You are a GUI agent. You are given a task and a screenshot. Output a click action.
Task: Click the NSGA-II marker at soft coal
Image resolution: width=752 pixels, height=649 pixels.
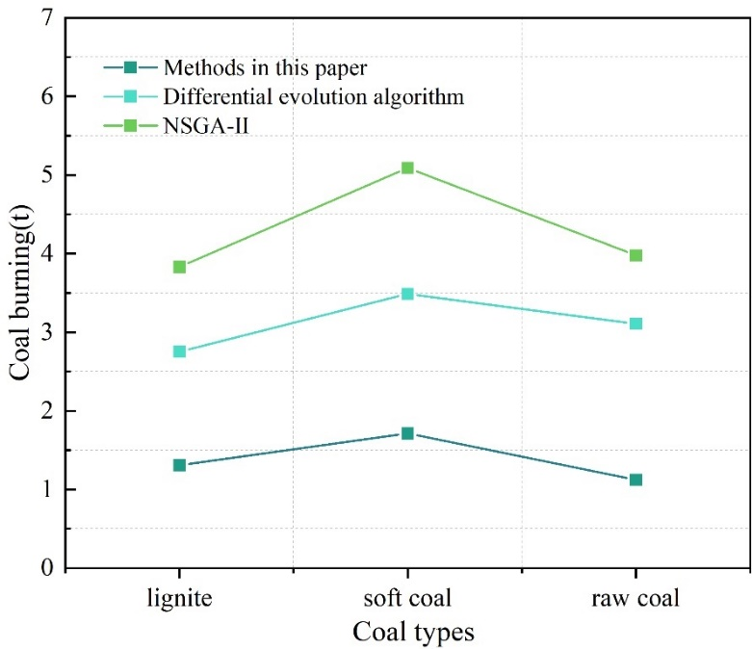(x=407, y=169)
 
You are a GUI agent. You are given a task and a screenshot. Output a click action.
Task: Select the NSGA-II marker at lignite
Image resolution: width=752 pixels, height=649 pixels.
(x=179, y=267)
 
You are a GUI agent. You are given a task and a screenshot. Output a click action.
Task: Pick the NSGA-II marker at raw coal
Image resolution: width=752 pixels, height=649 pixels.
(x=635, y=255)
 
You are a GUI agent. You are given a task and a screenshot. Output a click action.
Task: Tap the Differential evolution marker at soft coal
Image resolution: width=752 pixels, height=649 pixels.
(x=407, y=294)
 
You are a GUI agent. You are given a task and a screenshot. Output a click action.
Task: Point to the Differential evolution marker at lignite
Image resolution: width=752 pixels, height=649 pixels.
(x=179, y=351)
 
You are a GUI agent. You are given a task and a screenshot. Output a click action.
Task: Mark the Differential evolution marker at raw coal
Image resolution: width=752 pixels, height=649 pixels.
(x=635, y=324)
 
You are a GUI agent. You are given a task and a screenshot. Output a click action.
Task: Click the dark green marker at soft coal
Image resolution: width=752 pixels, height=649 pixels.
(x=407, y=433)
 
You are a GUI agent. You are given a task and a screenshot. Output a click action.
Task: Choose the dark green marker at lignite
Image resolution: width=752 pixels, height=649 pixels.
(x=179, y=465)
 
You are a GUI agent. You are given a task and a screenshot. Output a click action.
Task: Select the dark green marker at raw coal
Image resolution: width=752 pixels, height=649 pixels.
(x=635, y=480)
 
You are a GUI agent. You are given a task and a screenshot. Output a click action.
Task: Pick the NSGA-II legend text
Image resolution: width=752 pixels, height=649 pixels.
(x=207, y=125)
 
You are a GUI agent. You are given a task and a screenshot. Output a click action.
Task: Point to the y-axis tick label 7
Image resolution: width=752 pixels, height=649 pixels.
(x=45, y=18)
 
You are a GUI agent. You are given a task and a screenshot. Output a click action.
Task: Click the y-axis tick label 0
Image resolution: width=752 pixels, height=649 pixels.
(x=45, y=568)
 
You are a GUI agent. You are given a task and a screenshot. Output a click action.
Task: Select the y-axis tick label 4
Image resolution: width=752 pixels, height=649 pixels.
(x=45, y=254)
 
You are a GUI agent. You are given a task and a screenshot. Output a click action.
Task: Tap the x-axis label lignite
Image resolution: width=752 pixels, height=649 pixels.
(x=179, y=599)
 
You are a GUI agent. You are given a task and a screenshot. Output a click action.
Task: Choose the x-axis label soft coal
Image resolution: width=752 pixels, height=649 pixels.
(x=407, y=599)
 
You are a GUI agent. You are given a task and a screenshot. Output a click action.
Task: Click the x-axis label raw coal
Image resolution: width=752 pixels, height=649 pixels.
(x=635, y=599)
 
